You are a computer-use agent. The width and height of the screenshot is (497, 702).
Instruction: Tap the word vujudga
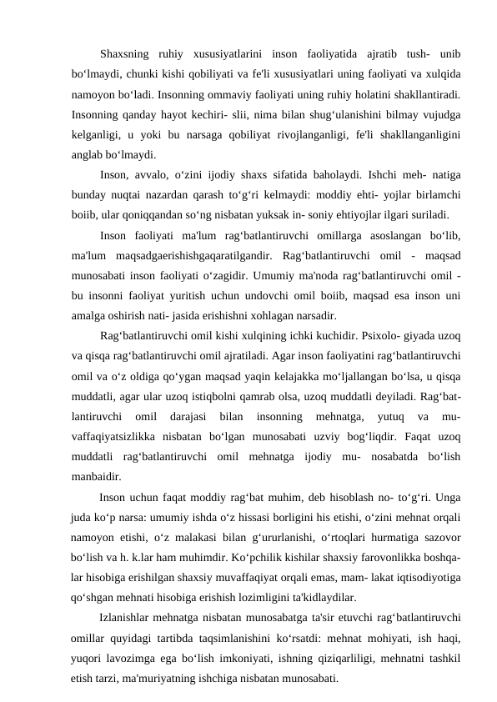pos(442,118)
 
